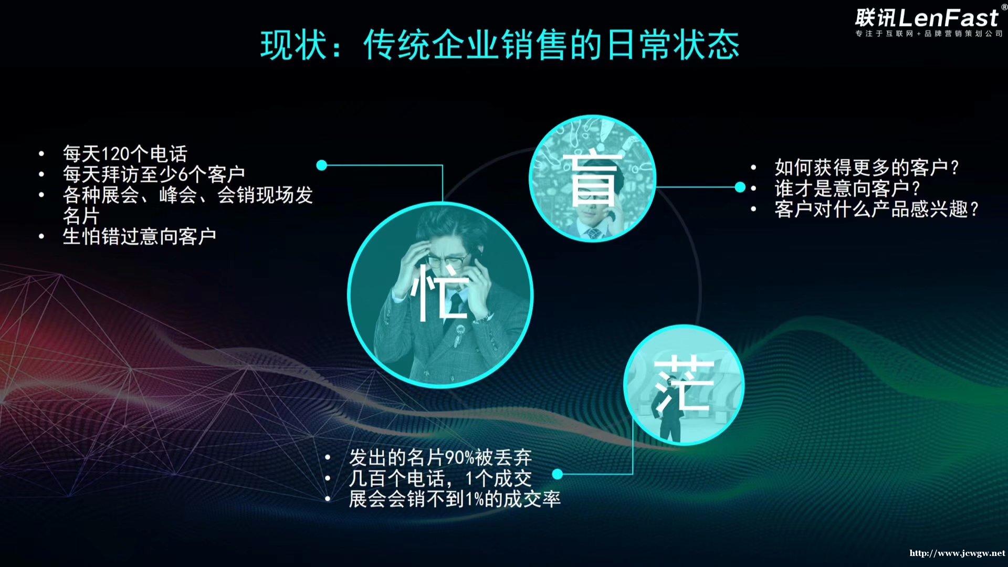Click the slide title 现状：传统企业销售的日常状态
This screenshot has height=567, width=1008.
(500, 45)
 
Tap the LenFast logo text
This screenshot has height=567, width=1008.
(927, 18)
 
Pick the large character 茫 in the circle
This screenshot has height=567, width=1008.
(684, 384)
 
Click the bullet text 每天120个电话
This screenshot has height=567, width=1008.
(125, 154)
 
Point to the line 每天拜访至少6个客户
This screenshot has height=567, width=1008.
(154, 174)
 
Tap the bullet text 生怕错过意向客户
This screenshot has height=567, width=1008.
(140, 236)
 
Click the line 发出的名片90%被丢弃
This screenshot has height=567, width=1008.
(440, 457)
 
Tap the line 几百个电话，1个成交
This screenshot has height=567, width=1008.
(440, 478)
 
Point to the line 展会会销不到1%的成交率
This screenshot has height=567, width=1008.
(455, 499)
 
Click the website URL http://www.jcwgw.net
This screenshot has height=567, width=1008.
(957, 553)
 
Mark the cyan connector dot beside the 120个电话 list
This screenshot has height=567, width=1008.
(322, 165)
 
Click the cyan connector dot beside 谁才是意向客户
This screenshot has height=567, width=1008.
(740, 187)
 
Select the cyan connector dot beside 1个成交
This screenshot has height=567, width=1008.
(558, 474)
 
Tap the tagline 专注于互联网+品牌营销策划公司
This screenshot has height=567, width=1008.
(929, 34)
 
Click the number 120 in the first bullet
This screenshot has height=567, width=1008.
(114, 154)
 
